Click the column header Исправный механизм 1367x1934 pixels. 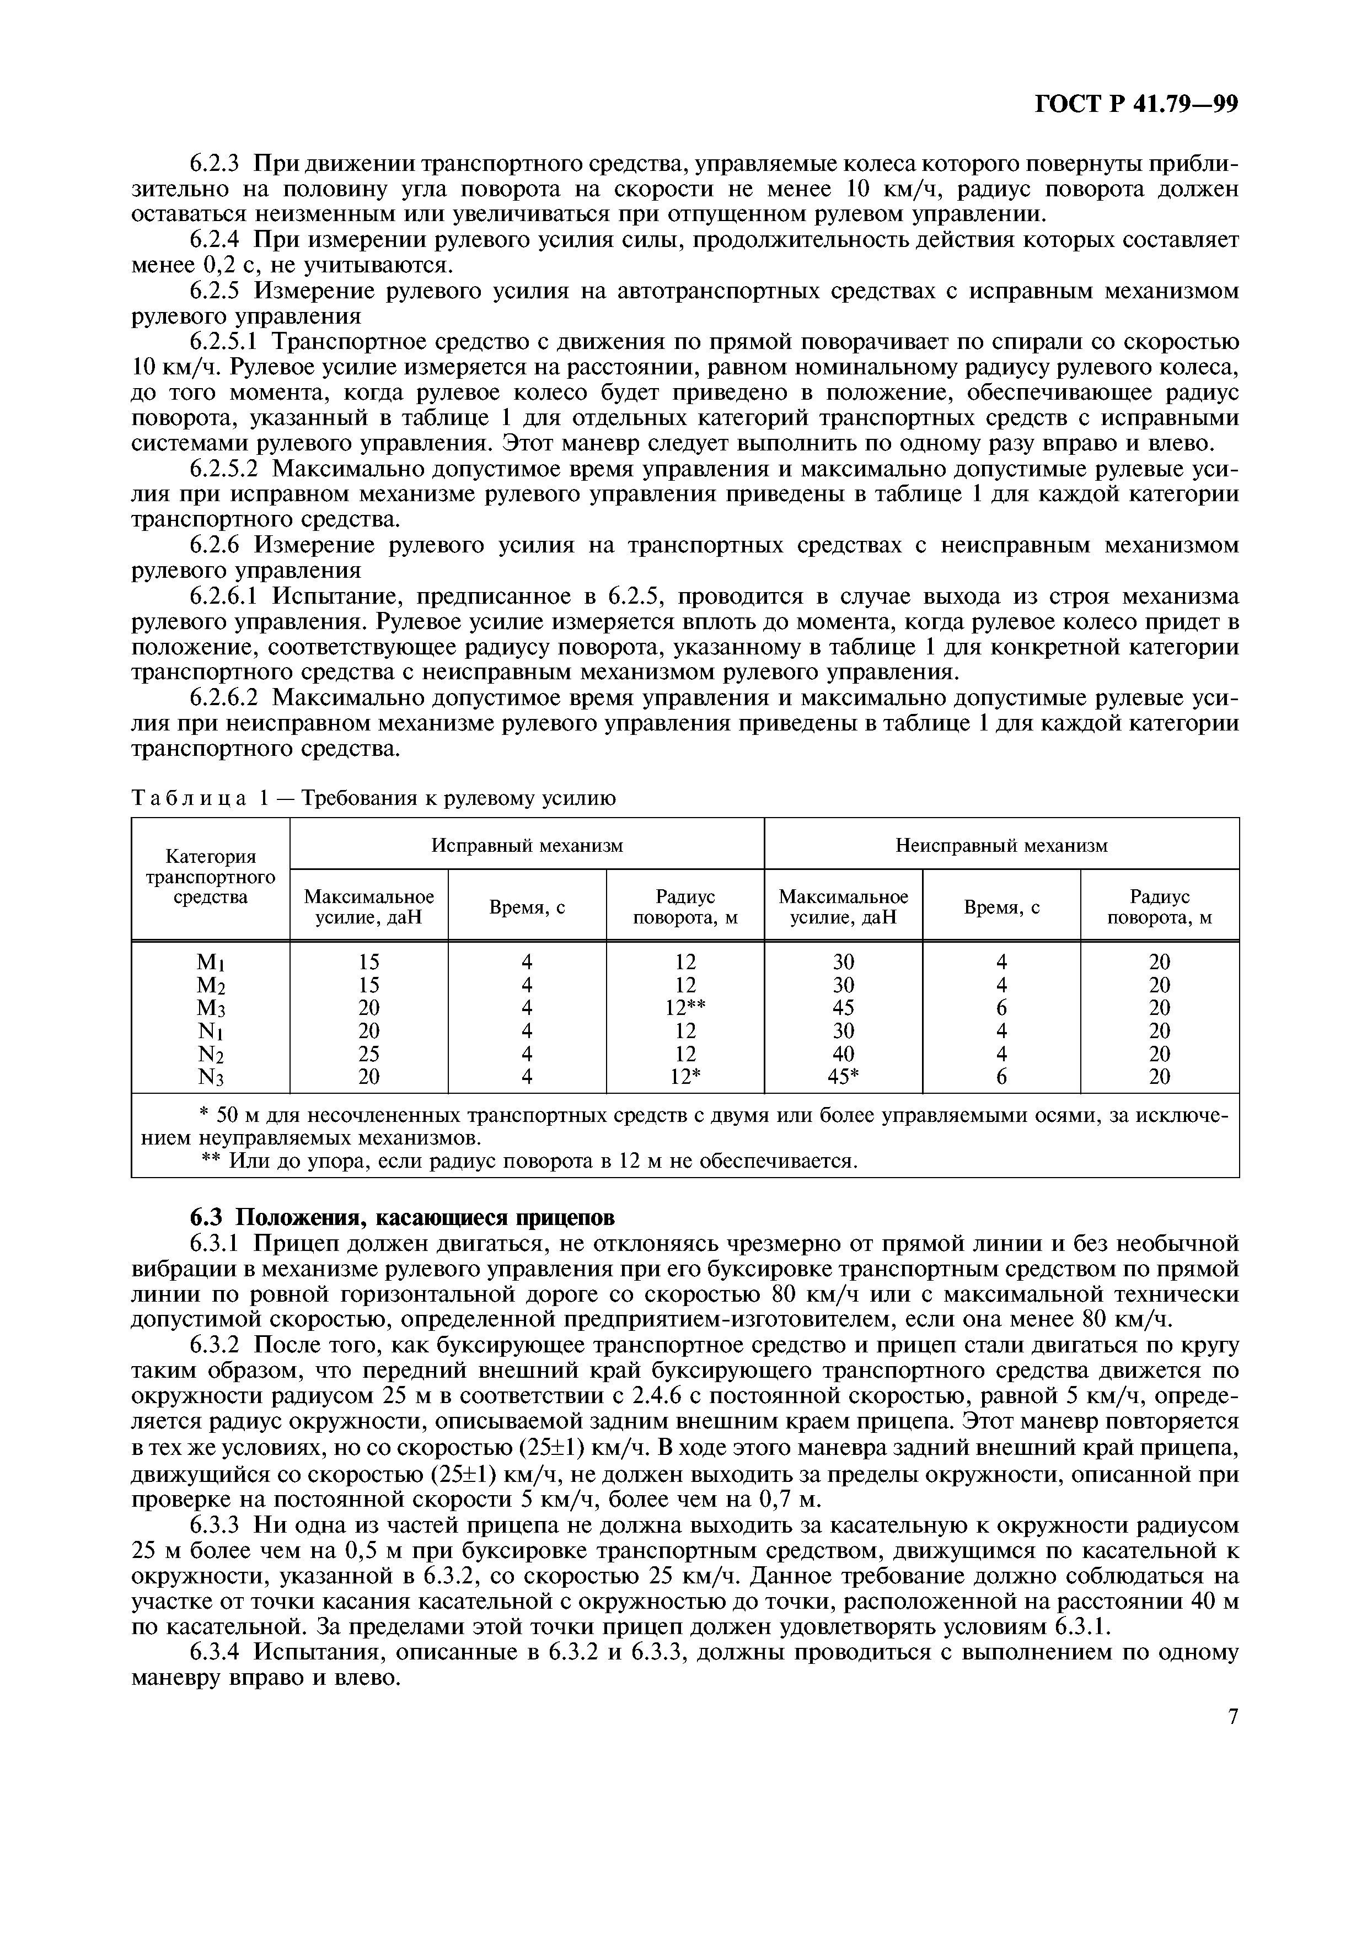pos(527,845)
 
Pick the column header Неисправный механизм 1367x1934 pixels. pos(1001,845)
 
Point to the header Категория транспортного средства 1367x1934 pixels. pos(211,877)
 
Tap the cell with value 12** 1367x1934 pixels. pos(685,1007)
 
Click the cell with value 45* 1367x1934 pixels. pos(843,1077)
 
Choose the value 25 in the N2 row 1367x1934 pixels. pos(369,1054)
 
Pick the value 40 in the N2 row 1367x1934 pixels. pos(843,1054)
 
